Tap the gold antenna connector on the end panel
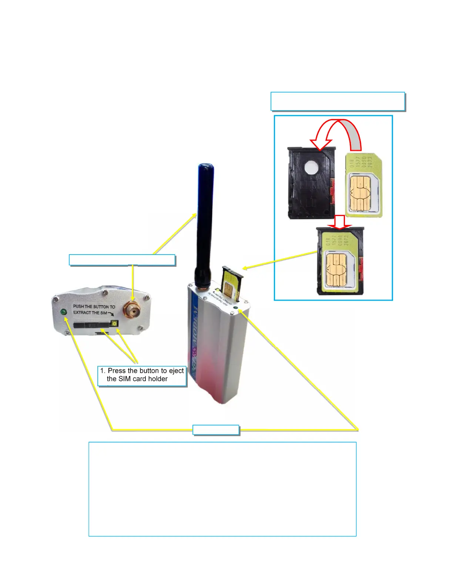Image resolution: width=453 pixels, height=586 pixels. [132, 309]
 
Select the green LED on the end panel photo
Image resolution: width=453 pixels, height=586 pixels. [64, 312]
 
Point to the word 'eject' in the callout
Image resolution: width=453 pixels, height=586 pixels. [177, 371]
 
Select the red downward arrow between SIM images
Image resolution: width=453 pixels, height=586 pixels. [339, 222]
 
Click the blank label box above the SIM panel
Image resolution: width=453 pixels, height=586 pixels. [338, 101]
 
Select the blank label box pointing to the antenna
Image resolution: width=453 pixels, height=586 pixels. [122, 260]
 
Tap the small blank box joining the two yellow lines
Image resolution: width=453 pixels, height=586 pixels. [216, 430]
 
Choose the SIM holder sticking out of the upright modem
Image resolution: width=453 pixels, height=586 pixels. [231, 283]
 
